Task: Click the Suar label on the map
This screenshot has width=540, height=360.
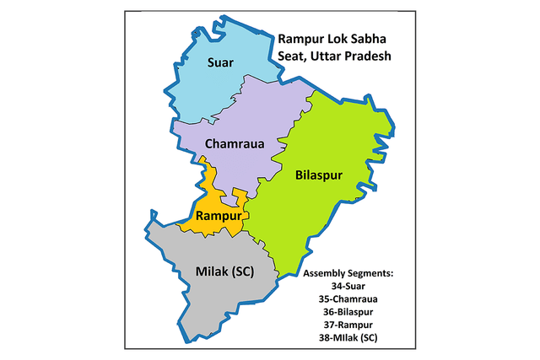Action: (x=222, y=62)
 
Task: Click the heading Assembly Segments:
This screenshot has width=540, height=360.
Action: (x=348, y=275)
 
